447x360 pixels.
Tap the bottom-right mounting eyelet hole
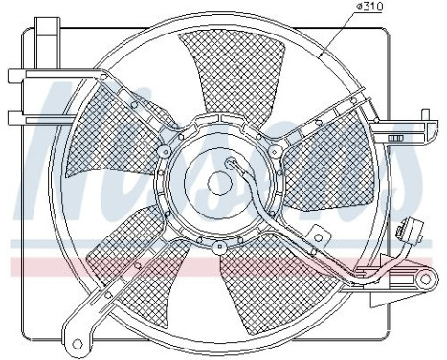point(422,281)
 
